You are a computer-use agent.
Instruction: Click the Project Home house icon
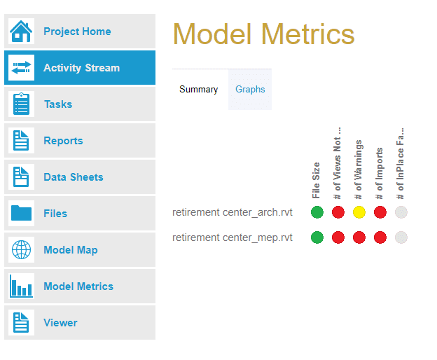point(21,32)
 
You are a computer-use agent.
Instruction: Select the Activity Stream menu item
point(81,68)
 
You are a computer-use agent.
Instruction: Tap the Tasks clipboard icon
point(21,104)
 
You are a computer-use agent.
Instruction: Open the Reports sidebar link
point(63,141)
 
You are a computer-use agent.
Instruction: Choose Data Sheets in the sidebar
point(73,177)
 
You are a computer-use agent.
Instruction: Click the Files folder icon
point(21,214)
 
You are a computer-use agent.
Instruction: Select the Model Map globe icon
point(21,250)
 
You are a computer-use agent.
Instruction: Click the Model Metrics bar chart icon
point(21,286)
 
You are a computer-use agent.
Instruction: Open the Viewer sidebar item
point(60,323)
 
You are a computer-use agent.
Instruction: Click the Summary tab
point(199,90)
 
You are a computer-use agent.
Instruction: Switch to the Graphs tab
point(250,90)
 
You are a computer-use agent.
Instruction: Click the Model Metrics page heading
point(263,34)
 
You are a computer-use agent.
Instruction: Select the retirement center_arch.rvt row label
point(232,212)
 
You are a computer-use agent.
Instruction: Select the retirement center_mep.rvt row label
point(232,237)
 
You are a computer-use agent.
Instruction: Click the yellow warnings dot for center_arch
point(359,212)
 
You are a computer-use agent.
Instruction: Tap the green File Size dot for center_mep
point(317,237)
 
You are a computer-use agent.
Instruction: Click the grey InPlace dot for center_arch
point(401,212)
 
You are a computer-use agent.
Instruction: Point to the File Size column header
point(317,180)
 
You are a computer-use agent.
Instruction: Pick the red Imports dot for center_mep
point(380,237)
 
